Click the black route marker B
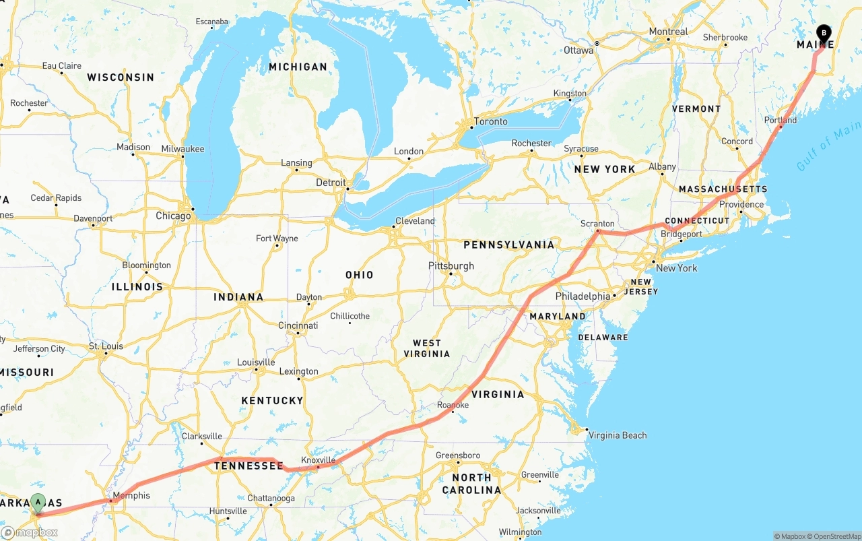(824, 33)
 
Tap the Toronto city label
(491, 121)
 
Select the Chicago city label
(173, 216)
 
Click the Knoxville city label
(318, 460)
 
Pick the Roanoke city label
(453, 405)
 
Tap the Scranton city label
(597, 224)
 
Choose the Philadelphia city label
(583, 296)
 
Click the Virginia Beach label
(618, 435)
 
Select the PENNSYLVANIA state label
(509, 245)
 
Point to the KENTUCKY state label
(272, 401)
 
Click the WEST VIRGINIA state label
(427, 348)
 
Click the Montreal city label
(668, 32)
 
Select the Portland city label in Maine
(781, 121)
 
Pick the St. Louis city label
(106, 346)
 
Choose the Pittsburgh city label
(451, 266)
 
